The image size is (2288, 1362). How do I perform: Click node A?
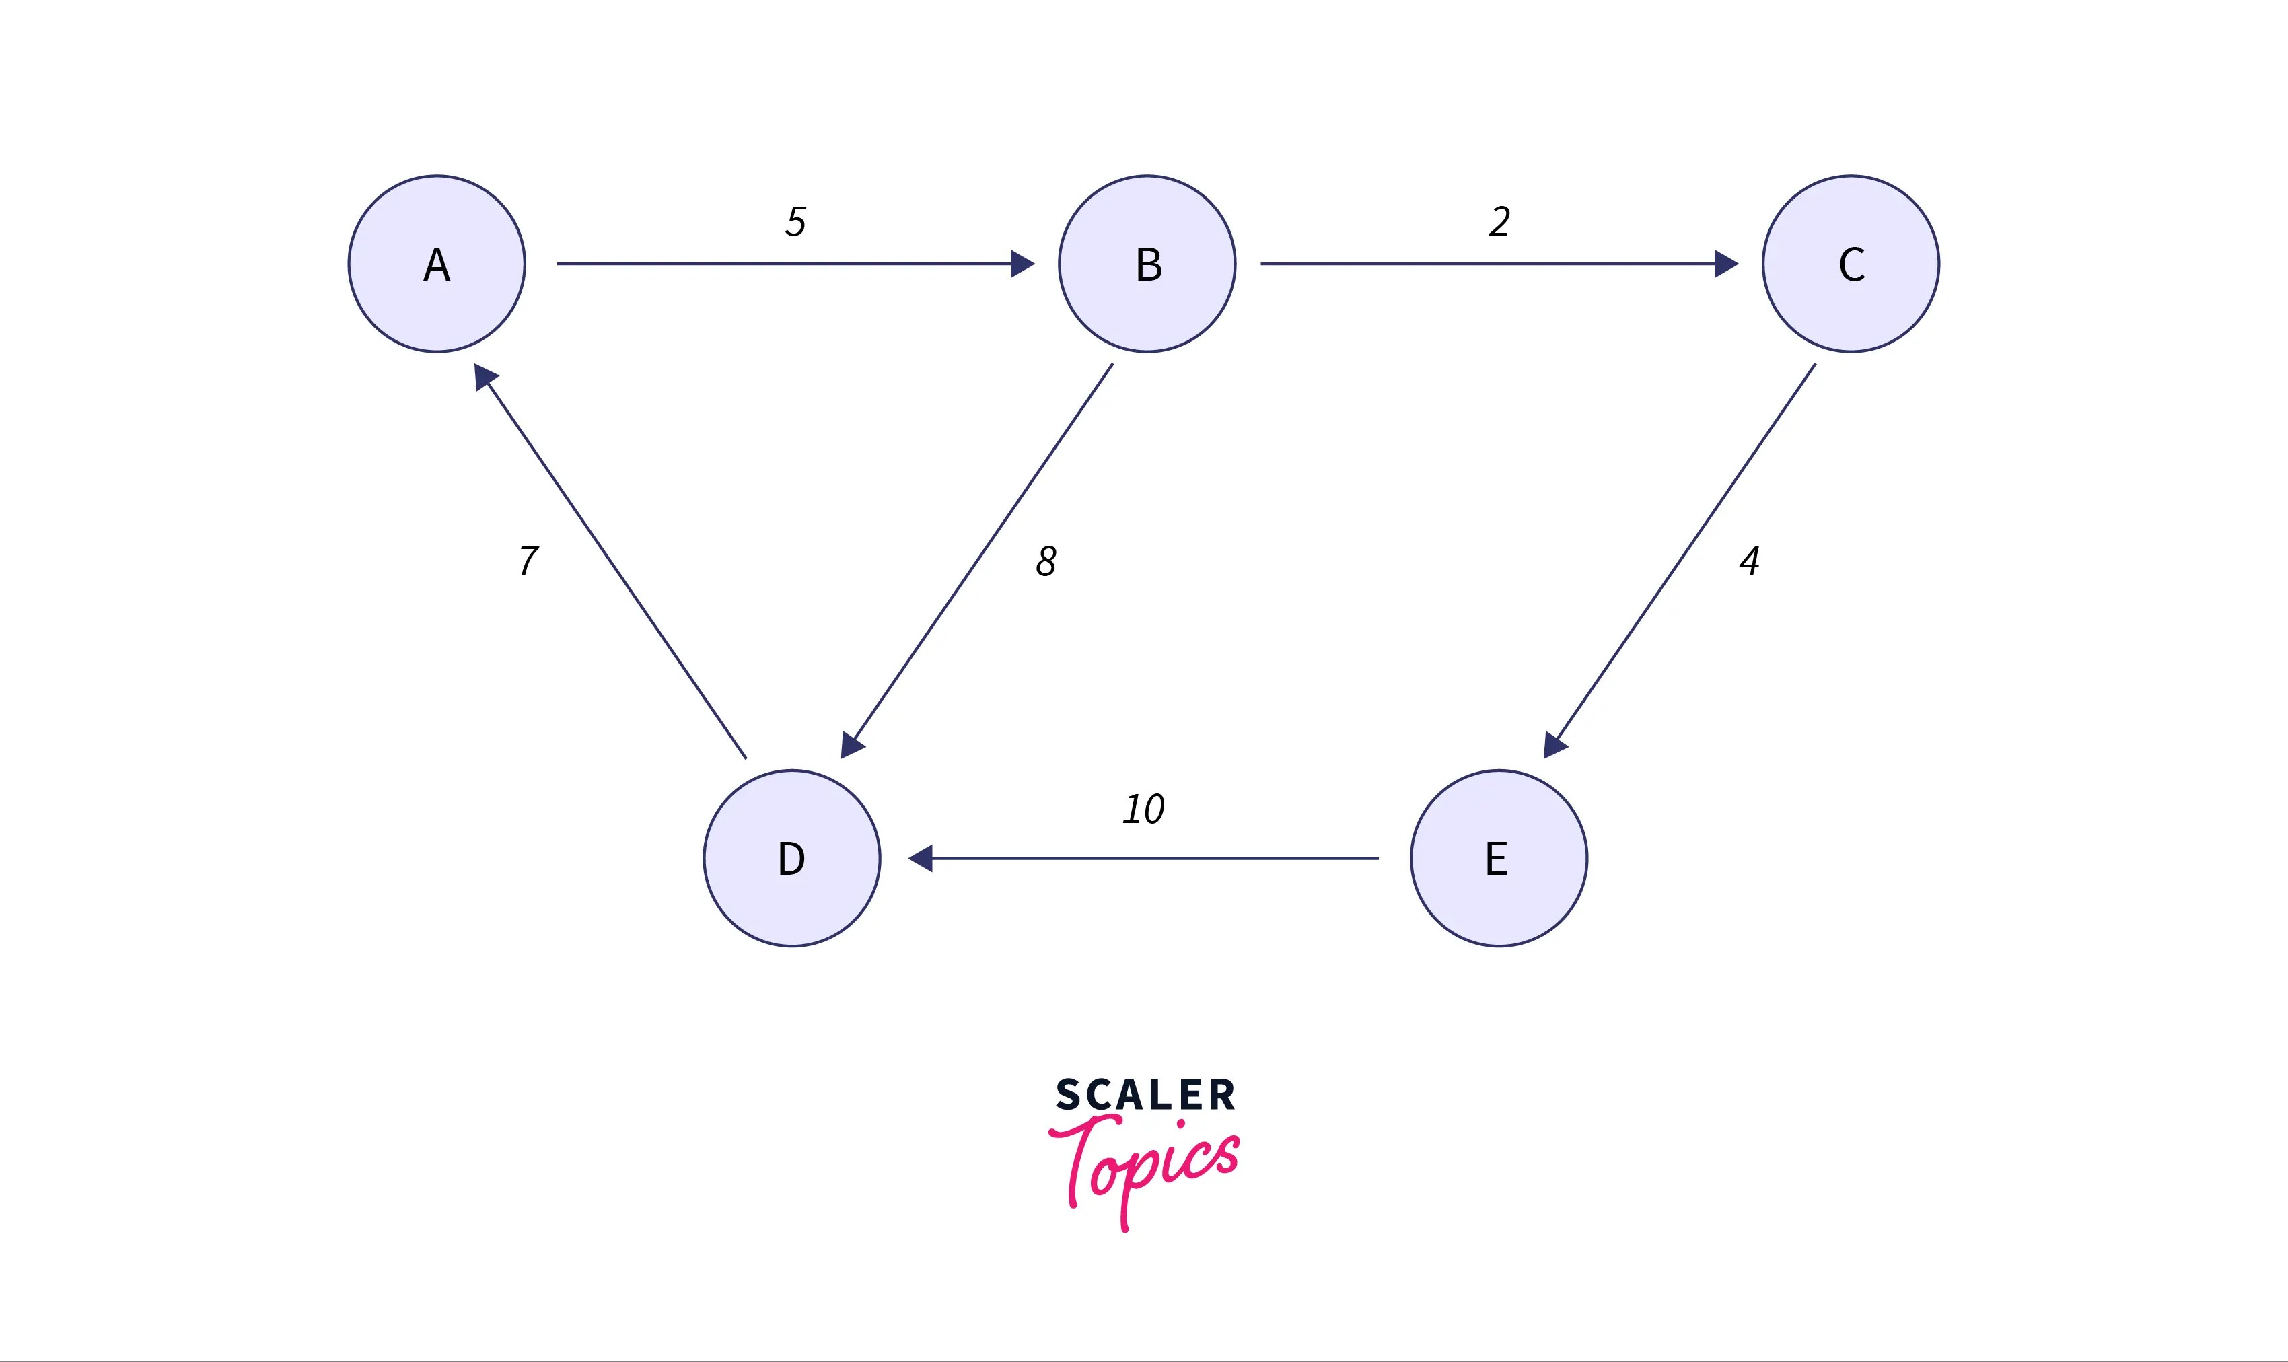437,264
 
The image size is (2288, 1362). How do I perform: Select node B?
1147,264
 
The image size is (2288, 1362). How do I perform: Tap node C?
1851,264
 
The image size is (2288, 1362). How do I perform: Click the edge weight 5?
795,221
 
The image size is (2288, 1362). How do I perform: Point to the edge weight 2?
1499,221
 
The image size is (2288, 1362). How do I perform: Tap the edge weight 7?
529,561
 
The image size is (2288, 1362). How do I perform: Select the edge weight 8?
1046,561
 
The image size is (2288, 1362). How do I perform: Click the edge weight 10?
1143,809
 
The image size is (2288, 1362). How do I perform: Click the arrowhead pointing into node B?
1022,264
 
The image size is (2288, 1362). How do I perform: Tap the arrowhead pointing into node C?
1726,264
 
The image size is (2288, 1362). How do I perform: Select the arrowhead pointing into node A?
484,375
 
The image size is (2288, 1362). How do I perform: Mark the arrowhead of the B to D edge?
852,745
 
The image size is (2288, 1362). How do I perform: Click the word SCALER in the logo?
1145,1095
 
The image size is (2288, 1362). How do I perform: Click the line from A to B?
780,264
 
